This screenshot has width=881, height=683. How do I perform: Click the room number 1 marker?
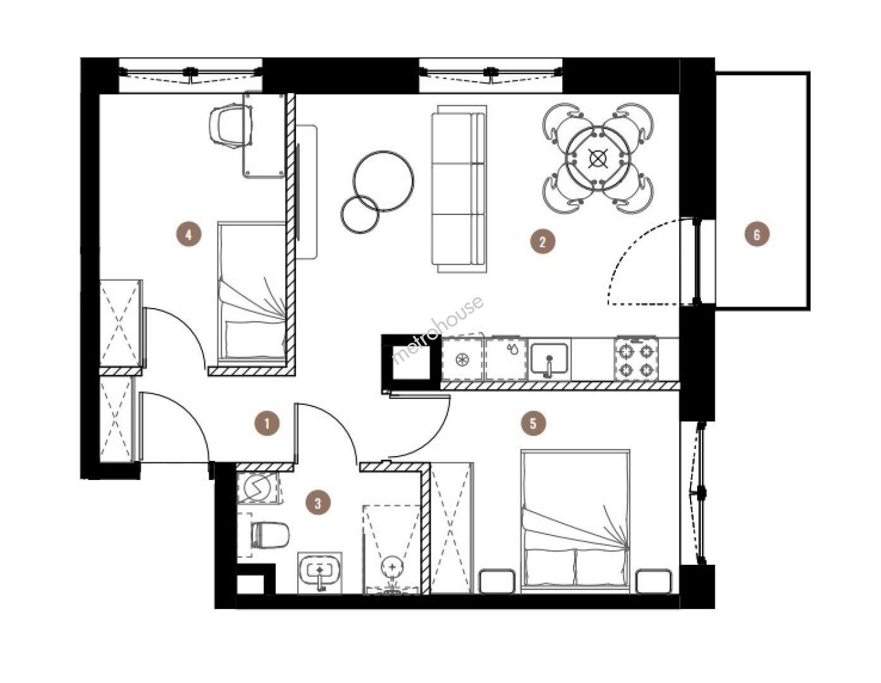point(267,424)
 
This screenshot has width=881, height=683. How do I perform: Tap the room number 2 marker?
point(543,242)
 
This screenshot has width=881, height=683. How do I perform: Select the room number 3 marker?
point(318,503)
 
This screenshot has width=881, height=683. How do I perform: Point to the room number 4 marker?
point(189,234)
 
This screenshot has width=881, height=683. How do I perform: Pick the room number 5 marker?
point(533,424)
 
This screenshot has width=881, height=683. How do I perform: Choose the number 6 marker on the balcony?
point(757,234)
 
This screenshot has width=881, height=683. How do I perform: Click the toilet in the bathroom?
point(269,534)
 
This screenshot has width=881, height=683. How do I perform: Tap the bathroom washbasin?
point(320,572)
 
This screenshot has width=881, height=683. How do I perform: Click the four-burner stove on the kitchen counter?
point(636,359)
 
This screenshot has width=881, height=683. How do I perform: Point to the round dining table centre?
point(598,158)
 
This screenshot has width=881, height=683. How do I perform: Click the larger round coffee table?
point(383,181)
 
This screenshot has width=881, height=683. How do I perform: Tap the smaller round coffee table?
point(360,214)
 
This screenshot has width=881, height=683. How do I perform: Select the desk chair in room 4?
point(230,126)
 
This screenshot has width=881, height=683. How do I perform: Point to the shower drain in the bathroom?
point(392,566)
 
